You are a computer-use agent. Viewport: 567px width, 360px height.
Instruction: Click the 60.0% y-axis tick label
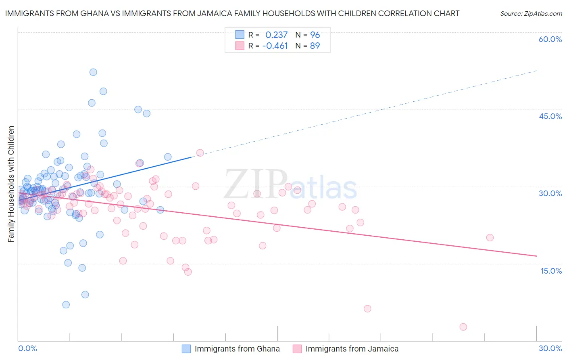tap(550, 39)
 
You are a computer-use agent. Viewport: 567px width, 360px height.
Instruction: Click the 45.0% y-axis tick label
tap(550, 116)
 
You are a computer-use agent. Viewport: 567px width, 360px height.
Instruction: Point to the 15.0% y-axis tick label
tap(551, 271)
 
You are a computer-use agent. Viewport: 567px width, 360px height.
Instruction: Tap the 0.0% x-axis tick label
tap(28, 349)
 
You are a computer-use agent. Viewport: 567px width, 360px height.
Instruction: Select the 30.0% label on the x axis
tap(550, 349)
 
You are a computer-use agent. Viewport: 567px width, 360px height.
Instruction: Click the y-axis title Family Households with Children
tap(11, 184)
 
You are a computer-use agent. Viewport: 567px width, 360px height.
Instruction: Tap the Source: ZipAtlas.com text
tap(531, 14)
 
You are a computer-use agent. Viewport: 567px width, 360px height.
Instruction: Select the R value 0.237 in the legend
tap(276, 35)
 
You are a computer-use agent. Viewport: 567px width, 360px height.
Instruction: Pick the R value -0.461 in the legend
tap(275, 46)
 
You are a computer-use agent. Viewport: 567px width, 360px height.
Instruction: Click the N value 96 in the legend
tap(315, 35)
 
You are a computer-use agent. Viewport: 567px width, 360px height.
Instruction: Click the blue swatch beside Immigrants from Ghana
tap(186, 349)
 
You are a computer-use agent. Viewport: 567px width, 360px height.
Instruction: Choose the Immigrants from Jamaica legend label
tap(352, 349)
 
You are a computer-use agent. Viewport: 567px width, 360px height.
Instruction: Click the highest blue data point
tap(93, 72)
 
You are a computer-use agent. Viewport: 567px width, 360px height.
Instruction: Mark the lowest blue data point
tap(66, 305)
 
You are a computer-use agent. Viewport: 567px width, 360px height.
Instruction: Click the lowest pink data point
tap(463, 327)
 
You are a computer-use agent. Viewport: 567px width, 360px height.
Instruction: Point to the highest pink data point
tap(200, 153)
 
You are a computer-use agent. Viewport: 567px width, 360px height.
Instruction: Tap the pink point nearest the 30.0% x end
tap(490, 238)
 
